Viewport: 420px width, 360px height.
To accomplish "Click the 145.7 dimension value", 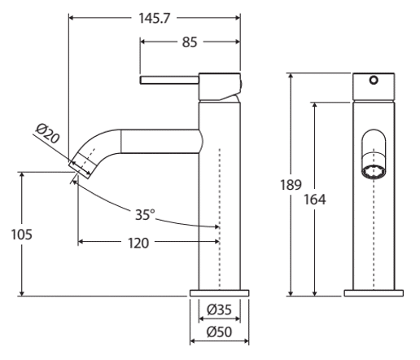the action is pyautogui.click(x=154, y=19).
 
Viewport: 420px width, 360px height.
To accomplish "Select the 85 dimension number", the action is pyautogui.click(x=190, y=42).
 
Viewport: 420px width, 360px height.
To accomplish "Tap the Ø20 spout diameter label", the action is pyautogui.click(x=47, y=133).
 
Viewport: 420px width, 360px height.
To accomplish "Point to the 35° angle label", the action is pyautogui.click(x=145, y=215).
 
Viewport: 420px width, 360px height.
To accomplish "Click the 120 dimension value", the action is pyautogui.click(x=138, y=243).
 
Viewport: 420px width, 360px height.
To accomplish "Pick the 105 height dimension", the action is pyautogui.click(x=21, y=235).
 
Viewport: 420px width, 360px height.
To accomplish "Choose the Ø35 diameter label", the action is pyautogui.click(x=219, y=310).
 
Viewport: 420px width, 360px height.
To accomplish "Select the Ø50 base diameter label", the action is pyautogui.click(x=219, y=331).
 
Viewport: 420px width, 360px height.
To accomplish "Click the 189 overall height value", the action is pyautogui.click(x=291, y=185).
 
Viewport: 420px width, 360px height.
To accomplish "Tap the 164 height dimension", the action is pyautogui.click(x=315, y=200).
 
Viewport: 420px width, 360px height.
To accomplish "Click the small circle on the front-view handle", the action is pyautogui.click(x=374, y=80).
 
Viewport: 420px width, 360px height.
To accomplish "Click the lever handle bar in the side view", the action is pyautogui.click(x=169, y=80).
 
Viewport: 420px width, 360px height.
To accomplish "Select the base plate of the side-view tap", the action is pyautogui.click(x=219, y=293).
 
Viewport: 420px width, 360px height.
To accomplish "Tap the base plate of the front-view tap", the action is pyautogui.click(x=374, y=293).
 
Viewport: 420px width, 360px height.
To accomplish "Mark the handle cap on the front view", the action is pyautogui.click(x=374, y=86).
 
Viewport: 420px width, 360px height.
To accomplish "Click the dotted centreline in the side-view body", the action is pyautogui.click(x=220, y=218).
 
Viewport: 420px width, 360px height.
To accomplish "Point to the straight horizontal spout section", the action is pyautogui.click(x=160, y=141).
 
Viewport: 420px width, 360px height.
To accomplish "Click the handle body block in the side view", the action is pyautogui.click(x=219, y=87).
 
